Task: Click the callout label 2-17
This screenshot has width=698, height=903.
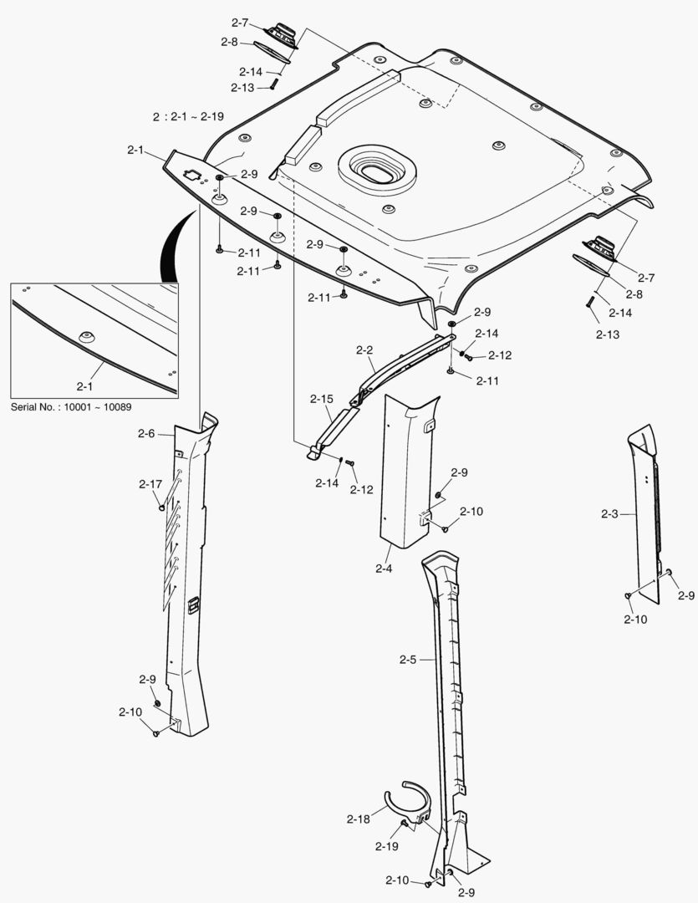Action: click(x=150, y=484)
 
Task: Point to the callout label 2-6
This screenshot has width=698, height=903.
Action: click(x=146, y=433)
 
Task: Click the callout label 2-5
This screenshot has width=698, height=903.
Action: click(x=407, y=660)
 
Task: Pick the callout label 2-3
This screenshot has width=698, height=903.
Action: click(x=609, y=513)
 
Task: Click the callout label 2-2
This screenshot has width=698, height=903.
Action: click(x=364, y=350)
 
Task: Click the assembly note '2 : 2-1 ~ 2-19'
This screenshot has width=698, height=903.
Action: click(x=188, y=117)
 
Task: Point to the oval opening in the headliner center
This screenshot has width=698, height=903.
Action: click(x=378, y=171)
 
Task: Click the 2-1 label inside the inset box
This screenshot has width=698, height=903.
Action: click(x=85, y=386)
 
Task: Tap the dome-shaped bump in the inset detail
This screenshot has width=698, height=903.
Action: click(x=86, y=336)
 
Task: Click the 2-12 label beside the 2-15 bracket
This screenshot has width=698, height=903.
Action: click(x=362, y=490)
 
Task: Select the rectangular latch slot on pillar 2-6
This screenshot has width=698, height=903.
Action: click(x=193, y=605)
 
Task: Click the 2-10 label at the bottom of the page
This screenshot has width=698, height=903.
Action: click(x=397, y=880)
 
